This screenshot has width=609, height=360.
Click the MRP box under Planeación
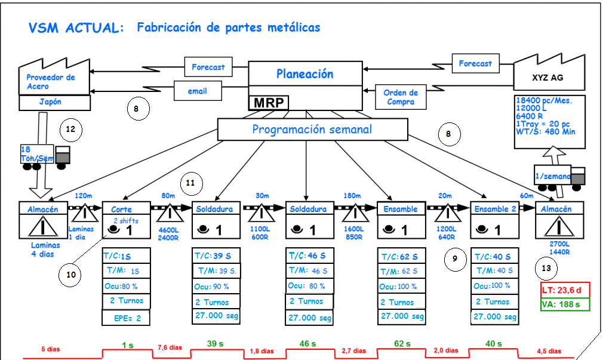point(268,103)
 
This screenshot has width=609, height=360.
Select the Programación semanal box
point(312,130)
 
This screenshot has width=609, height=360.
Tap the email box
point(197,91)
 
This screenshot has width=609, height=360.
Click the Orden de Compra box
point(400,97)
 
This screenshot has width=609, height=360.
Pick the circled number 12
point(70,129)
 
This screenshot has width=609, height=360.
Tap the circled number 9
point(455,259)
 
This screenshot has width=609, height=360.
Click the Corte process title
point(121,209)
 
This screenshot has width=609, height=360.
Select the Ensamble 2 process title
point(495,209)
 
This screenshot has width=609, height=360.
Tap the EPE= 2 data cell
point(126,318)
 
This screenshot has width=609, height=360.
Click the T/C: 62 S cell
point(401,257)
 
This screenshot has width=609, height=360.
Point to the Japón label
point(50,102)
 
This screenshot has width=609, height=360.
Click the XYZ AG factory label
point(548,78)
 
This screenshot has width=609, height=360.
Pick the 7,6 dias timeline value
point(170,347)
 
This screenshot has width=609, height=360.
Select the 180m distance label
point(353,195)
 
